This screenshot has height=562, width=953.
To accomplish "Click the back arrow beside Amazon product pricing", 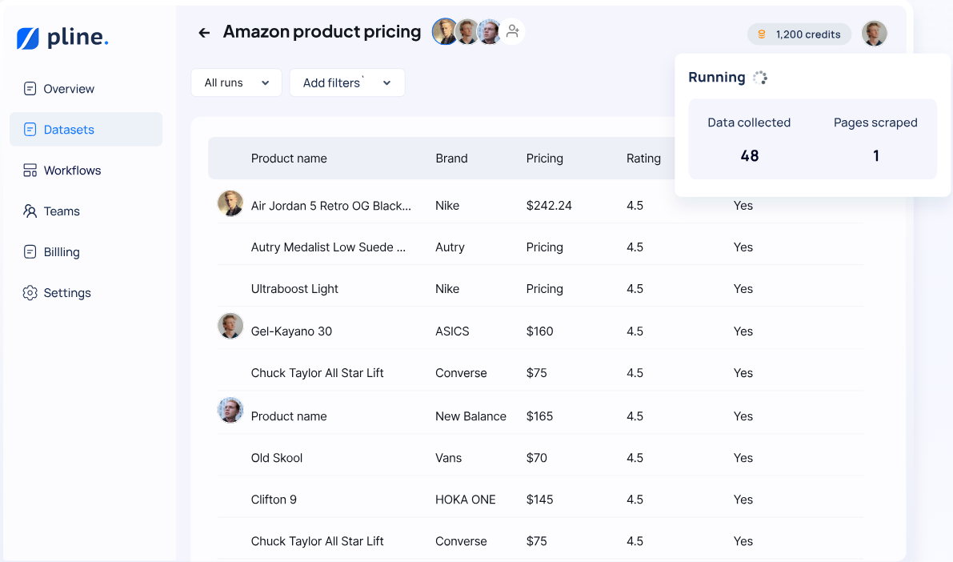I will coord(204,33).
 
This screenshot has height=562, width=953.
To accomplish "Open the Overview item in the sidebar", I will coord(69,89).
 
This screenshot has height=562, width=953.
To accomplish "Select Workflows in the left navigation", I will coord(72,171).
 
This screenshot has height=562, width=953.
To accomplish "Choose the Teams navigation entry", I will coord(62,211).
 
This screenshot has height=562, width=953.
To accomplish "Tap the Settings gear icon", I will coord(30,293).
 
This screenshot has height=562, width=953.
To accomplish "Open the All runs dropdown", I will coord(236,82).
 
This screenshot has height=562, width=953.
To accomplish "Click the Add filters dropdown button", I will coord(346,82).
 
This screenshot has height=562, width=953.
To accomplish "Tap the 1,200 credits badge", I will coord(799,34).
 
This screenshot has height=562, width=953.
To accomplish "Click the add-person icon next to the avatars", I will coord(513,31).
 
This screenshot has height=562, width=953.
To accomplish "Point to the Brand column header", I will coord(451,159).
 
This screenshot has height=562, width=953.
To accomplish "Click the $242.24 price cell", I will coord(549,206).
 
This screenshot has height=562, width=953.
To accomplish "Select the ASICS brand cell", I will coord(452,331).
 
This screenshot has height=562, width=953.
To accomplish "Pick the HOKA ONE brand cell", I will coord(466,500).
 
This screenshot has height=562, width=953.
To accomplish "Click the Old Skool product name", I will coord(277,458).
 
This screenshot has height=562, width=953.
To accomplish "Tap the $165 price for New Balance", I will coord(540,416).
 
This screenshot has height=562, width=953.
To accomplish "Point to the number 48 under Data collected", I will coord(750,156).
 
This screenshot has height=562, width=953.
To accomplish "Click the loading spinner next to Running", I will coord(760,78).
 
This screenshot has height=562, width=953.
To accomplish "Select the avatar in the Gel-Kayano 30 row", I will coord(230,326).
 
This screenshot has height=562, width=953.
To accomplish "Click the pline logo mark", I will coord(28,38).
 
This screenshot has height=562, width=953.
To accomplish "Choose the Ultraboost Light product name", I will coord(294,289).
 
